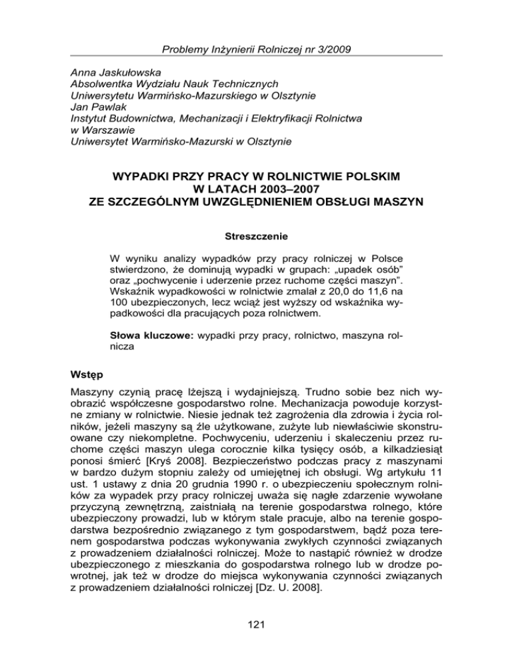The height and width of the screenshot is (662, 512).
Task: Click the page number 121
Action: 256,635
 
